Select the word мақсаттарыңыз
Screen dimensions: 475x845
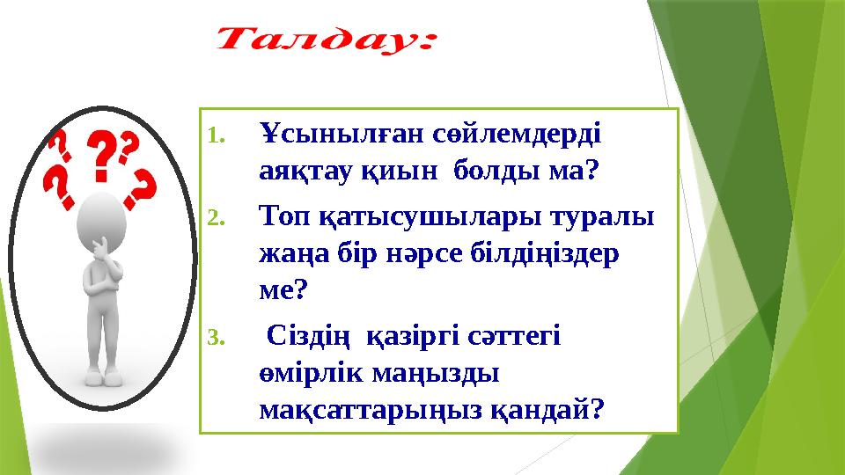tap(366, 407)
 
